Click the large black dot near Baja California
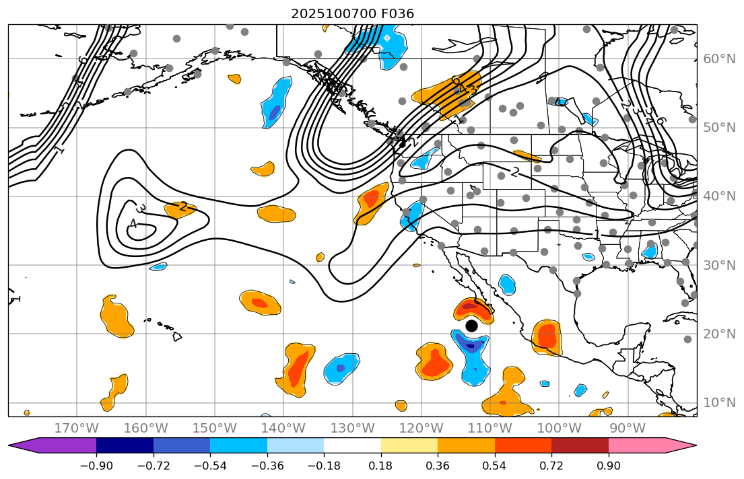[471, 326]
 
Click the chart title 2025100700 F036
[352, 13]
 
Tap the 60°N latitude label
[720, 59]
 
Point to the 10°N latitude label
[720, 403]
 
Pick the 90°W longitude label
[628, 429]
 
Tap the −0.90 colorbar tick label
[96, 466]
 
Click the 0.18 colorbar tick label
[381, 466]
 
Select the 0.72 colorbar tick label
[551, 466]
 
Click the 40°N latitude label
[720, 196]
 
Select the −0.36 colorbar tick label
[267, 466]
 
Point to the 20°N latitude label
[720, 334]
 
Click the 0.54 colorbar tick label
[495, 466]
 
